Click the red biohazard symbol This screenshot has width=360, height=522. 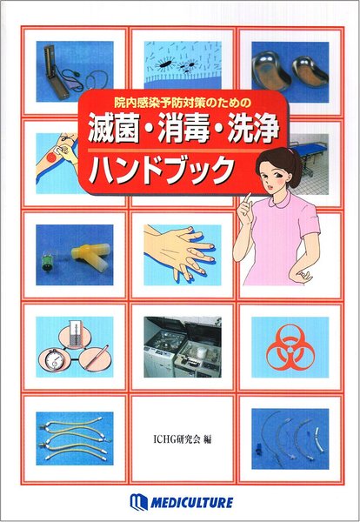(290, 348)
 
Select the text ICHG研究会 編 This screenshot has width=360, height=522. (183, 439)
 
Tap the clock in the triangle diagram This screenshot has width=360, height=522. (52, 360)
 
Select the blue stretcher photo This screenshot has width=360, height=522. (308, 164)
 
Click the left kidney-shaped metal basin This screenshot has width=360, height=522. (271, 72)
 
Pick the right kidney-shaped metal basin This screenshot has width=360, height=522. (310, 71)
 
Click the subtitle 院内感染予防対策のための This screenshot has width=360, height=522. (183, 103)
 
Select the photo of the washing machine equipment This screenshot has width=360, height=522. (183, 347)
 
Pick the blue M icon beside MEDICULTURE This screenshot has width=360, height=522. (138, 501)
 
